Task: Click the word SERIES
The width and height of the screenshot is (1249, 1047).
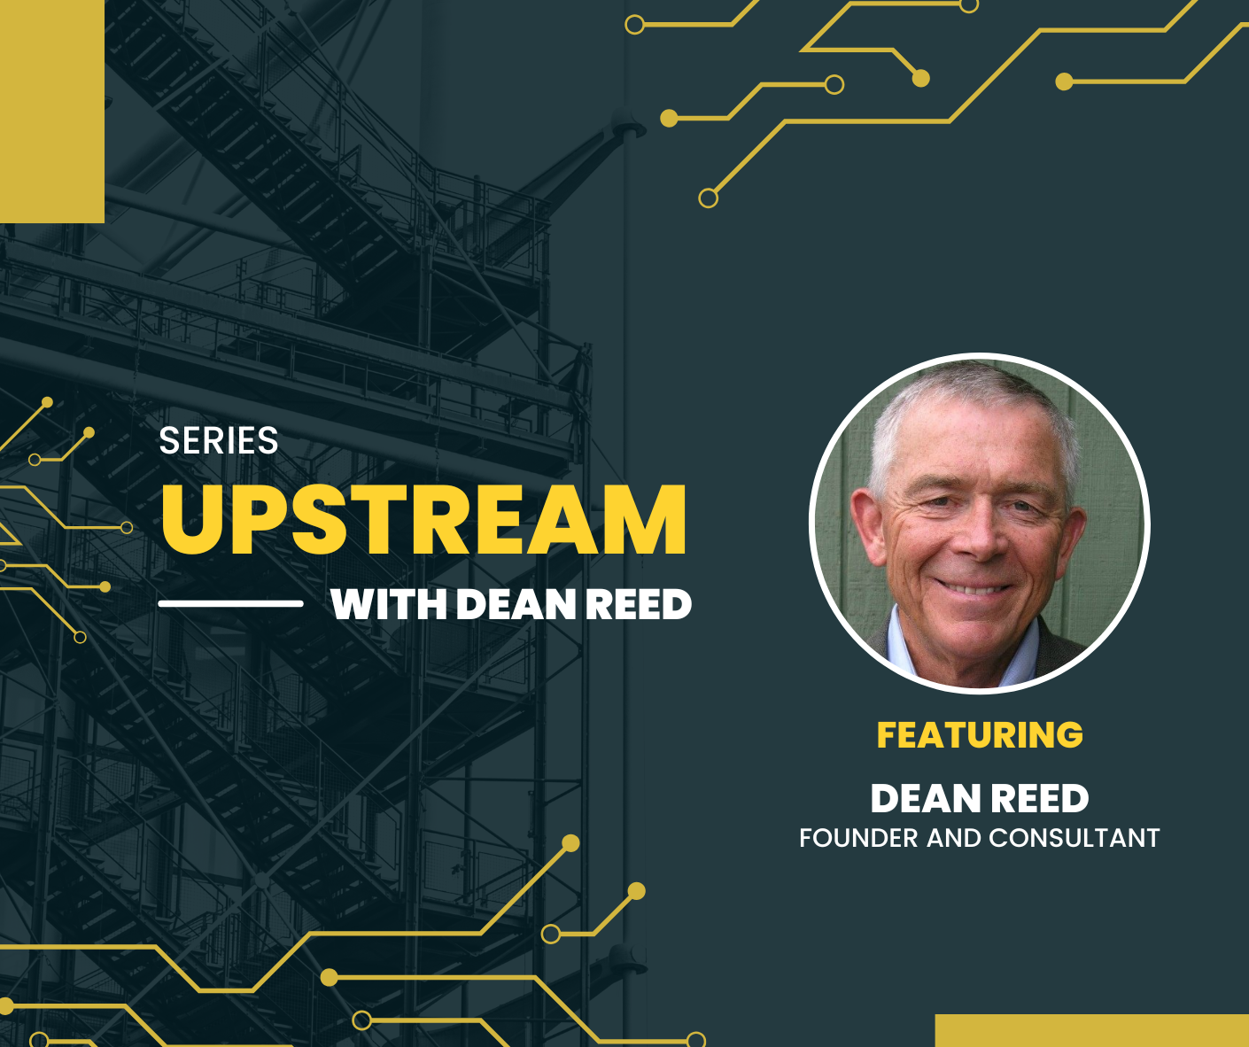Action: [218, 440]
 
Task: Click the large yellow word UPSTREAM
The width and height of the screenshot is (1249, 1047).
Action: [423, 519]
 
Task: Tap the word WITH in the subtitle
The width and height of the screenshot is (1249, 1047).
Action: [389, 604]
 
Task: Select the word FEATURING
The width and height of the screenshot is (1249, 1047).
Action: [980, 734]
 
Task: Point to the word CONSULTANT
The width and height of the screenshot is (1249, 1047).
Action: [1074, 838]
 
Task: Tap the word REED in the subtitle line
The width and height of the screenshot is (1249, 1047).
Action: [639, 604]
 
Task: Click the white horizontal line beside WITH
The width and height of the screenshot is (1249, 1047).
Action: [231, 604]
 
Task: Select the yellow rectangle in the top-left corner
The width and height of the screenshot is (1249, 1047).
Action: [52, 112]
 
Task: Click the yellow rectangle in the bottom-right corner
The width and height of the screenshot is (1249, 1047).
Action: [1091, 1030]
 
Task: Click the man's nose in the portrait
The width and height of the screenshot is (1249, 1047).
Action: [976, 539]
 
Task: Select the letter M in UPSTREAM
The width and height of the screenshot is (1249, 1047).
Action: [649, 519]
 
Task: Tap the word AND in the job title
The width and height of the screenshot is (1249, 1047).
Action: [953, 838]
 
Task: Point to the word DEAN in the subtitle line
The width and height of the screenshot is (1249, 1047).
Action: [516, 604]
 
